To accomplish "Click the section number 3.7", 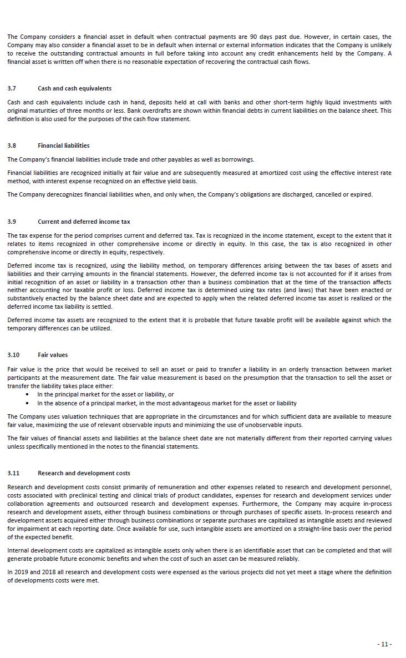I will tap(12, 88).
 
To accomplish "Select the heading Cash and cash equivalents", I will tap(74, 88).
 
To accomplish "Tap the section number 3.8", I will tap(12, 145).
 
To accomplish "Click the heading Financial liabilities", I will tap(63, 145).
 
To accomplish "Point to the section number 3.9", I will tap(12, 222).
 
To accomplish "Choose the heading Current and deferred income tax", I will tap(84, 222).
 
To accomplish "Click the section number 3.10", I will tap(13, 355).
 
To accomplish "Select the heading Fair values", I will tap(53, 355).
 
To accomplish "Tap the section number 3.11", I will tap(13, 473).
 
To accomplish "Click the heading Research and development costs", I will tap(84, 473).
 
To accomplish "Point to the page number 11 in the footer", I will tap(385, 644).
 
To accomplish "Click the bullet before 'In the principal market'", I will tap(28, 395).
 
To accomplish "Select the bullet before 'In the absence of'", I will tap(28, 404).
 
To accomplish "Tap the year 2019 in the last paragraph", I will tap(20, 572).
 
